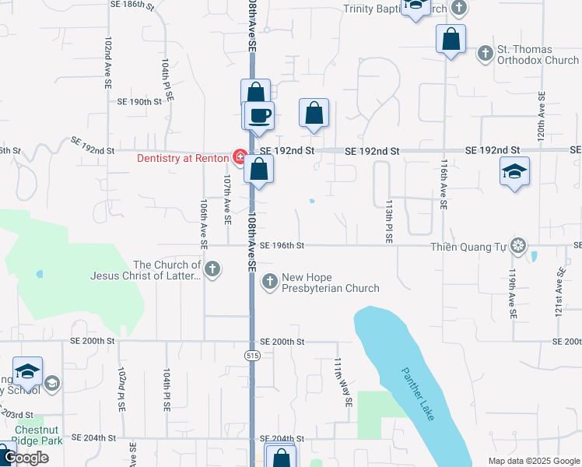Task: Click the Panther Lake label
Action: click(418, 395)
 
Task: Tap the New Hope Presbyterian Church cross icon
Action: click(270, 282)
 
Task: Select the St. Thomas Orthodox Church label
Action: click(538, 54)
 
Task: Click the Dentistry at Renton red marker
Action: click(240, 158)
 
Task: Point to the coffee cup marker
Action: click(260, 115)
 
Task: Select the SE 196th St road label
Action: click(281, 245)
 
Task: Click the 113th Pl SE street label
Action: click(387, 220)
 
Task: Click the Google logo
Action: click(26, 458)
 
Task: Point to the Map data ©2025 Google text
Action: click(533, 461)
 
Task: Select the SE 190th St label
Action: click(138, 102)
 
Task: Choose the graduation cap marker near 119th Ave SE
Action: click(514, 171)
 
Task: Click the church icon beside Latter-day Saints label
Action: click(212, 269)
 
